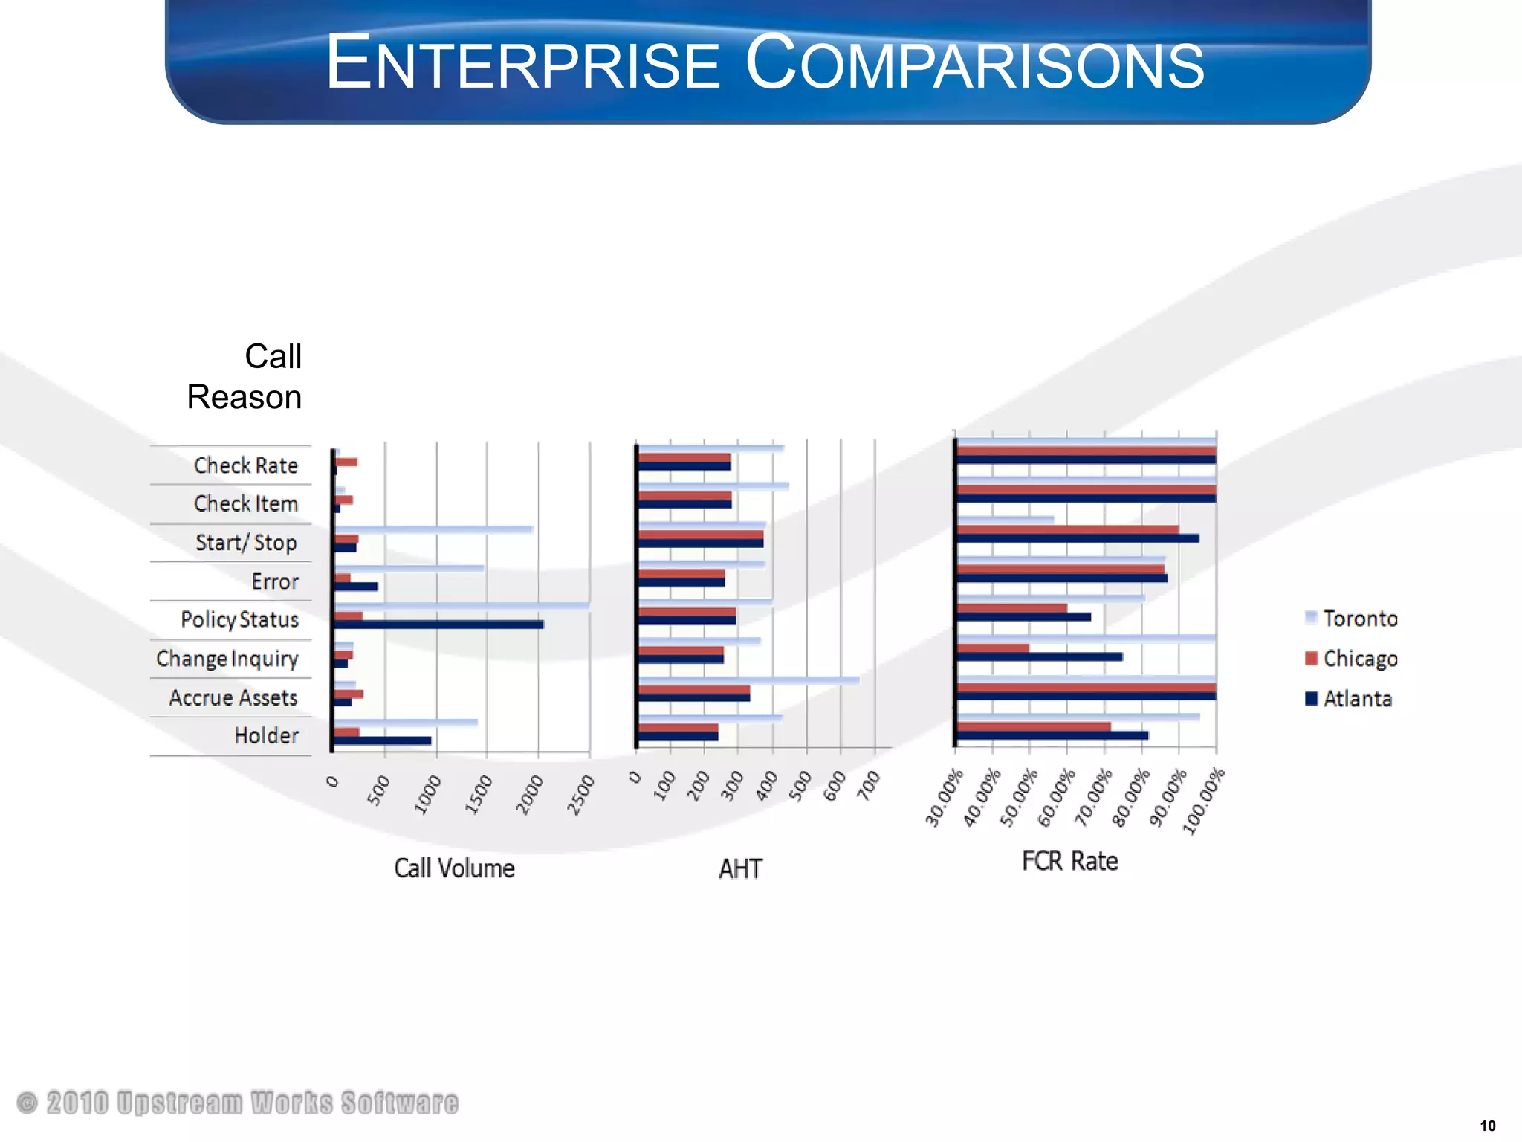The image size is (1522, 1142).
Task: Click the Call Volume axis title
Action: tap(454, 868)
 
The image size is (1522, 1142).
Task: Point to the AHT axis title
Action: tap(740, 869)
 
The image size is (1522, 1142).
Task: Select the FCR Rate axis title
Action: tap(1069, 861)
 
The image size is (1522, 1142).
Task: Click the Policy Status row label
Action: tap(239, 620)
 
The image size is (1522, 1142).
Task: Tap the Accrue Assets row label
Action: tap(233, 698)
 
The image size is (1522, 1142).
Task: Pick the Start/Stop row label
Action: tap(246, 543)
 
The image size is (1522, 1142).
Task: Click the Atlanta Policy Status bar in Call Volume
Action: tap(438, 625)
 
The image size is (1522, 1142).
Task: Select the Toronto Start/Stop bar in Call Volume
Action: tap(433, 529)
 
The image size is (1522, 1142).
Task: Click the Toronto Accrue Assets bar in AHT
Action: tap(748, 680)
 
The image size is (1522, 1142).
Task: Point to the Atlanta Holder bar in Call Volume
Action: tap(382, 741)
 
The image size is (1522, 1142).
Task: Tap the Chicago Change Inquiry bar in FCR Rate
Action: tap(993, 648)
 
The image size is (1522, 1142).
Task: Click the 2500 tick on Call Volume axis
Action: tap(581, 794)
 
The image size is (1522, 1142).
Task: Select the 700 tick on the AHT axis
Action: tap(869, 786)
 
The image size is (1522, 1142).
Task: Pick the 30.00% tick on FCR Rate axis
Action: tap(944, 799)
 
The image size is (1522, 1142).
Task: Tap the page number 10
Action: tap(1488, 1126)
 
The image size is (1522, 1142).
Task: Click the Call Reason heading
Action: tap(245, 377)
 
